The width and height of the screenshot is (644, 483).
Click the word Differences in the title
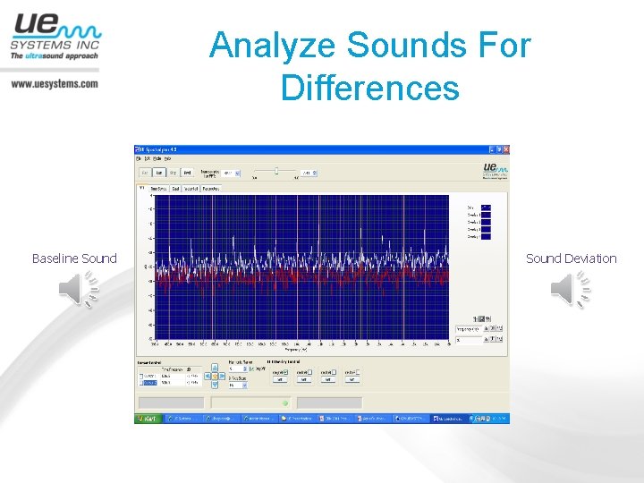click(x=369, y=89)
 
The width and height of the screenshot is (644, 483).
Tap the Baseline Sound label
click(x=74, y=258)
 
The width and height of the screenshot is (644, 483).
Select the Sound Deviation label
click(x=571, y=258)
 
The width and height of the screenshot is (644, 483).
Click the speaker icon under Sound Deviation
click(x=571, y=291)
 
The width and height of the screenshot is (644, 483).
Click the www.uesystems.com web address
click(x=55, y=84)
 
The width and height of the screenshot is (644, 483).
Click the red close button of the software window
click(x=504, y=148)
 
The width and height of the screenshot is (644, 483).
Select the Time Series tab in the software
click(x=157, y=189)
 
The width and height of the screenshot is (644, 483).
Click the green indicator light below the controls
click(x=285, y=402)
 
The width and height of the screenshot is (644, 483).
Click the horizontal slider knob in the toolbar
click(x=276, y=170)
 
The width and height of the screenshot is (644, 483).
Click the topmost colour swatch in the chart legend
click(x=486, y=208)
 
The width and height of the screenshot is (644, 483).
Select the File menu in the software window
click(x=139, y=157)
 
